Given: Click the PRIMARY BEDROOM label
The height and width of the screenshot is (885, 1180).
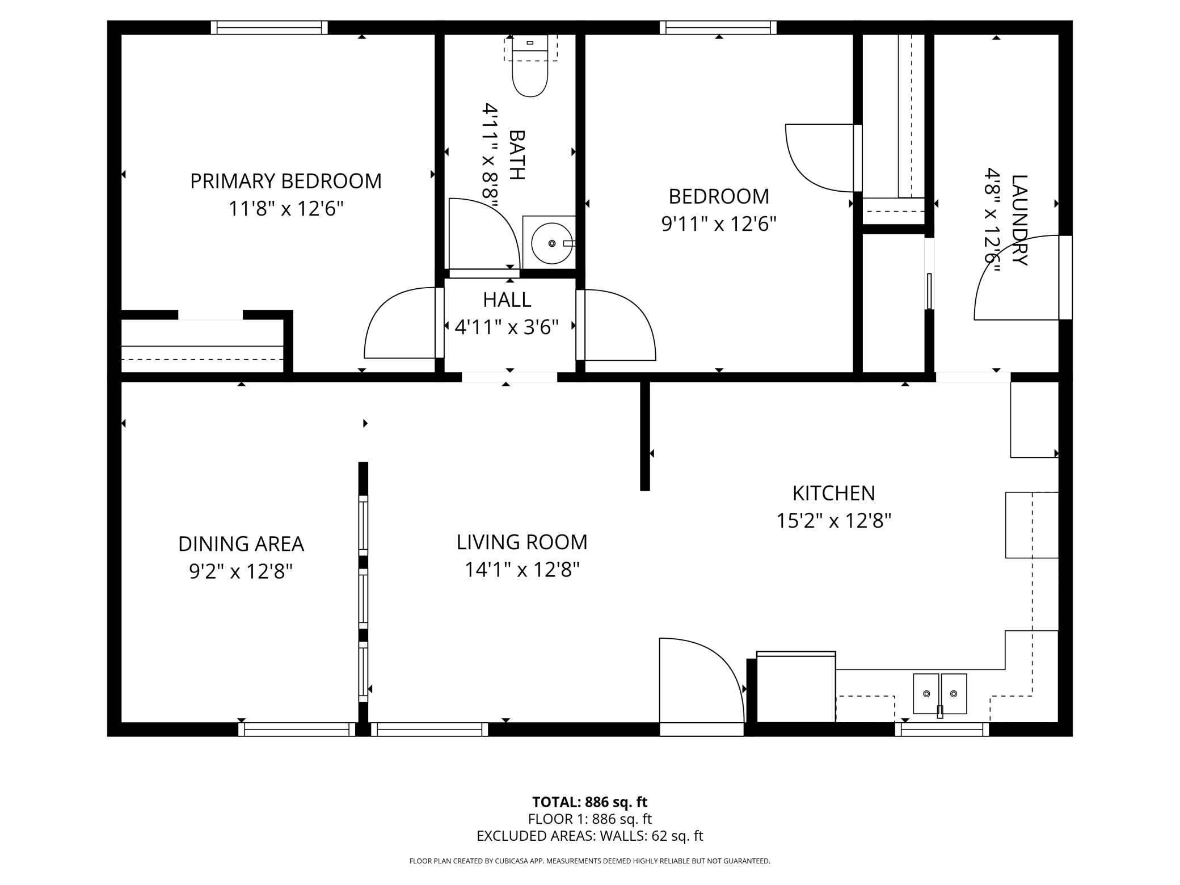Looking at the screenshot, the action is pyautogui.click(x=286, y=181).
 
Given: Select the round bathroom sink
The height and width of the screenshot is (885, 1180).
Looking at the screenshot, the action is pyautogui.click(x=551, y=243).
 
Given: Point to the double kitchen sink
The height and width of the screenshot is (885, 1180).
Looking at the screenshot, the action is pyautogui.click(x=939, y=694).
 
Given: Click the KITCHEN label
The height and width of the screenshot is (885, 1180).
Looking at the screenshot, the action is pyautogui.click(x=833, y=493).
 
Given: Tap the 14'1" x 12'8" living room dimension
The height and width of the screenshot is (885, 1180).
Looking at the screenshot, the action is pyautogui.click(x=522, y=569).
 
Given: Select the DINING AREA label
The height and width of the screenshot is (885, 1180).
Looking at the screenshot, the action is pyautogui.click(x=241, y=543).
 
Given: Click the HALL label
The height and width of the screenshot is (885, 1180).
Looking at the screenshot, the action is pyautogui.click(x=507, y=300).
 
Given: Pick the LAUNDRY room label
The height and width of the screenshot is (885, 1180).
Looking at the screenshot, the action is pyautogui.click(x=1019, y=220).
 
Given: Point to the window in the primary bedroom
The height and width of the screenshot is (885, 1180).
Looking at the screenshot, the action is pyautogui.click(x=269, y=27).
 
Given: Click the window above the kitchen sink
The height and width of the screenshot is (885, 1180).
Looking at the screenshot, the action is pyautogui.click(x=942, y=730).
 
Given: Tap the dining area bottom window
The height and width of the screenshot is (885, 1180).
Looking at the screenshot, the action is pyautogui.click(x=297, y=730).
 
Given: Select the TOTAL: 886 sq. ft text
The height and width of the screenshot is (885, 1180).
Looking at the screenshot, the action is pyautogui.click(x=589, y=802).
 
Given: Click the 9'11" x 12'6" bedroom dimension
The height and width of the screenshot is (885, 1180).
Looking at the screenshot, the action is pyautogui.click(x=719, y=224).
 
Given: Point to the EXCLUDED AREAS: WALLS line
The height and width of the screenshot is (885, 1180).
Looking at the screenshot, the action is pyautogui.click(x=589, y=836).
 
